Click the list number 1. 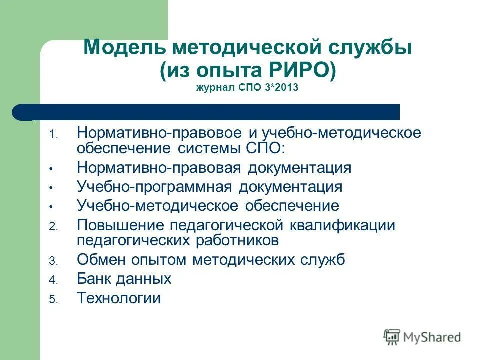(54, 134)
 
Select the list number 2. (54, 226)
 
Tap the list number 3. (54, 261)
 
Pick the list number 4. (54, 280)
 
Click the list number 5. (54, 299)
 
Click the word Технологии (119, 298)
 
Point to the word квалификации (342, 225)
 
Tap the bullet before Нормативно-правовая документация (51, 169)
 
